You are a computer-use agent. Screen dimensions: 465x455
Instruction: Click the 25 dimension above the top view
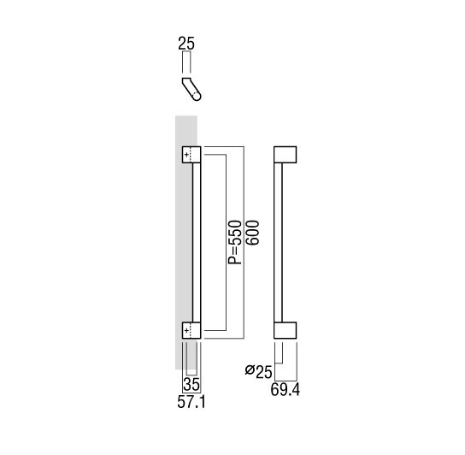(186, 44)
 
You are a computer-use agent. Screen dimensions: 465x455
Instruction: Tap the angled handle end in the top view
(191, 89)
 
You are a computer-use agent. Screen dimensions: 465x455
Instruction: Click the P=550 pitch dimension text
(235, 242)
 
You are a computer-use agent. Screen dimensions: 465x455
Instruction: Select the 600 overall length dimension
(252, 233)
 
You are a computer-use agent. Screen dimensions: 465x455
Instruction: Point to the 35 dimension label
(191, 385)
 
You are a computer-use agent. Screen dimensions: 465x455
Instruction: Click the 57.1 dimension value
(191, 403)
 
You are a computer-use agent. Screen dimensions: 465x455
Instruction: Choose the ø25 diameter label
(258, 371)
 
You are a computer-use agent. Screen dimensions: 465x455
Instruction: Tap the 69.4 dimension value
(285, 390)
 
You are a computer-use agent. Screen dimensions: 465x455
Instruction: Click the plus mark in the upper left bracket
(186, 155)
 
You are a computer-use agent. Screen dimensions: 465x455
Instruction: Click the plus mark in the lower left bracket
(186, 330)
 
